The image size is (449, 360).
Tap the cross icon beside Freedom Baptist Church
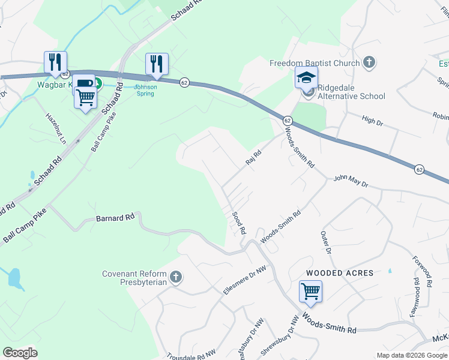click(x=369, y=62)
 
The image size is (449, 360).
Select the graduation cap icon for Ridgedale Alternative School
click(x=306, y=78)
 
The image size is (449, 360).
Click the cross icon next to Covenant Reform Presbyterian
click(x=175, y=277)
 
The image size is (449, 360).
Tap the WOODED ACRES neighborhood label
click(x=340, y=273)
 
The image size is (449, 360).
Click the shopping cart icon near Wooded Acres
click(x=310, y=292)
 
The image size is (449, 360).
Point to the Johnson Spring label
click(x=145, y=90)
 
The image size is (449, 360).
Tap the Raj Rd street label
click(x=254, y=158)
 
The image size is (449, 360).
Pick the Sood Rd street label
click(x=239, y=223)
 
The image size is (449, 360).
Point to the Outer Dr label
click(x=326, y=241)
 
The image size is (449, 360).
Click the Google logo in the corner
click(x=20, y=353)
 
